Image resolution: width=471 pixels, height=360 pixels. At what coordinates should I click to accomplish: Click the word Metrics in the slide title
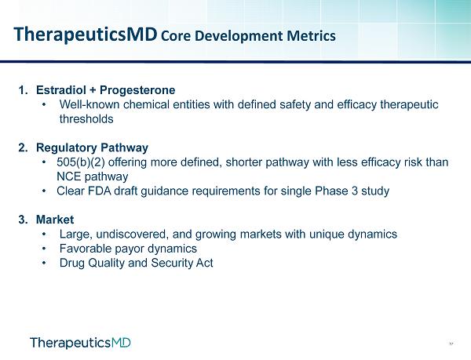pos(311,36)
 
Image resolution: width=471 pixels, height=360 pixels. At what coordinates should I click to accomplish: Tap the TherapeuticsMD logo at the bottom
pos(81,343)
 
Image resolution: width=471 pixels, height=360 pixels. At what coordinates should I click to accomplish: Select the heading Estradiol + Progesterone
pos(105,90)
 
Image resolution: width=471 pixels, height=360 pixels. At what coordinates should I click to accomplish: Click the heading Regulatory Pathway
pos(92,148)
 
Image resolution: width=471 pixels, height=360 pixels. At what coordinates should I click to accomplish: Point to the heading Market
pos(55,220)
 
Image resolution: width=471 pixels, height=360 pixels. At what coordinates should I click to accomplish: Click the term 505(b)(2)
pos(81,162)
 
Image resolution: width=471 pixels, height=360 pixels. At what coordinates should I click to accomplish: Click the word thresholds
pos(86,119)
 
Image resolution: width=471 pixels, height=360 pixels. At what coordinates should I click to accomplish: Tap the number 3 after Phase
pos(355,191)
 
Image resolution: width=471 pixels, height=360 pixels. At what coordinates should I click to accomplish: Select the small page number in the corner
pos(451,344)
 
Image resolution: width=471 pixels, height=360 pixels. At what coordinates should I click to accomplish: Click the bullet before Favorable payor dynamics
pos(45,249)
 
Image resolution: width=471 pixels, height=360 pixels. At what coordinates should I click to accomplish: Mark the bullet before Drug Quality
pos(45,263)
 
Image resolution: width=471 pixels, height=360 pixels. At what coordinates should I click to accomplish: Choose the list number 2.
pos(23,148)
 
